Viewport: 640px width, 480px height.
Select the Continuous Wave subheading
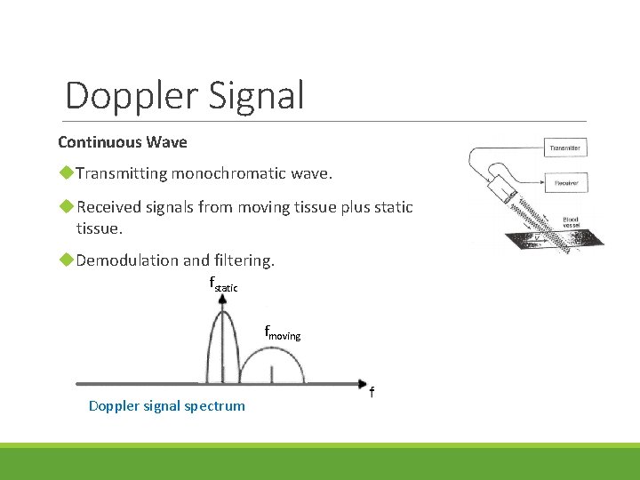point(123,142)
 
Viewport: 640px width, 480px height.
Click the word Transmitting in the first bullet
point(122,173)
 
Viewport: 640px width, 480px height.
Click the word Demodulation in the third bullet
point(131,260)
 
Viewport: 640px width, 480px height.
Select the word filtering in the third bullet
point(244,260)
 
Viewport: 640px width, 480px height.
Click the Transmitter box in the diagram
point(566,148)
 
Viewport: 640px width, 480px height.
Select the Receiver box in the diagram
point(566,184)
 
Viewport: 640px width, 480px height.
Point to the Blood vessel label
point(570,222)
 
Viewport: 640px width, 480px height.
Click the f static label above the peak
point(222,285)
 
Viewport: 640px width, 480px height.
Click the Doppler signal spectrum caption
point(167,406)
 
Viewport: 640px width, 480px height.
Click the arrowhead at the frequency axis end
point(362,384)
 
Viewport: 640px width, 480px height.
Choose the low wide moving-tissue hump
point(270,364)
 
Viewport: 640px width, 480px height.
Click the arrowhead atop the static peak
point(222,300)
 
